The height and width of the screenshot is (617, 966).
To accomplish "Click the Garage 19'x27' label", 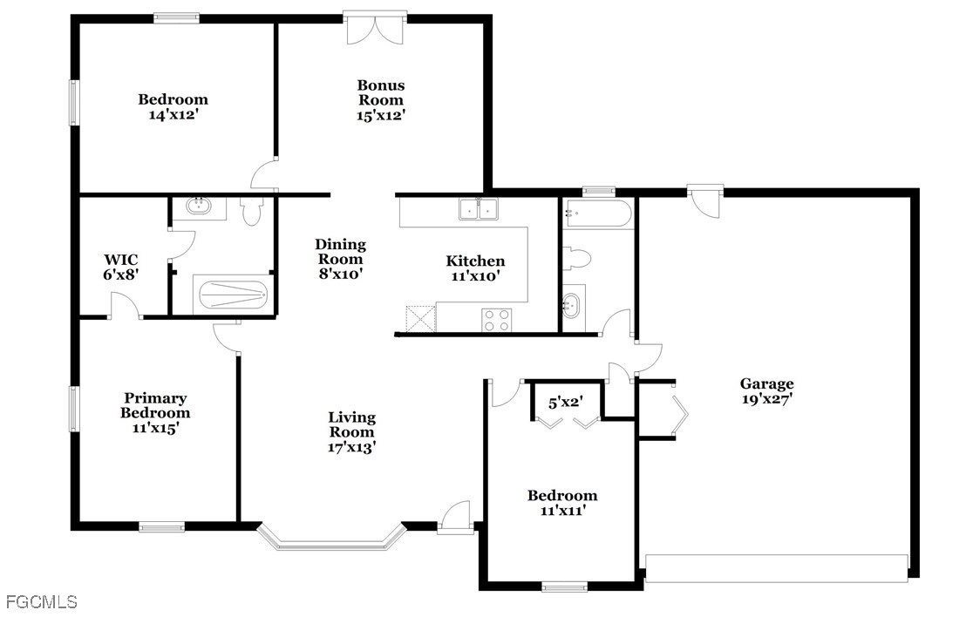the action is click(x=766, y=391).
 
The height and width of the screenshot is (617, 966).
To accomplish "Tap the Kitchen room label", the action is click(x=475, y=268).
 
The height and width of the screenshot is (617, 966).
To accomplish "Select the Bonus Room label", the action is click(x=381, y=99).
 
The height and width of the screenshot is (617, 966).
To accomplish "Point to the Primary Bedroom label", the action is click(x=155, y=412).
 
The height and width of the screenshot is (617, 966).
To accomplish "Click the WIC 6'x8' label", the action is click(x=120, y=267).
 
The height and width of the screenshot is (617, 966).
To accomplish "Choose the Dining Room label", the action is click(x=340, y=259).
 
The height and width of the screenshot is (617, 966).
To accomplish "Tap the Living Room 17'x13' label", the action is click(x=351, y=432).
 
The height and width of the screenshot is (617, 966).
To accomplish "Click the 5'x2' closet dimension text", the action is click(x=566, y=403).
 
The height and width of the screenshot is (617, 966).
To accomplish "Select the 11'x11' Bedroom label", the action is click(x=561, y=503).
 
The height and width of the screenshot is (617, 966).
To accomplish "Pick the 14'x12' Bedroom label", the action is click(x=173, y=106).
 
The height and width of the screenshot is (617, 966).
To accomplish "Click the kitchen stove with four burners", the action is click(x=497, y=320).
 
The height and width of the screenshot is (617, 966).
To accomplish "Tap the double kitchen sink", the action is click(x=478, y=209).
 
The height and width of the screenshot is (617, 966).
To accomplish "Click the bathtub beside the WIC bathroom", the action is click(x=232, y=295).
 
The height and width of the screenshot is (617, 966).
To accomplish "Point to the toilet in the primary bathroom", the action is click(x=251, y=211).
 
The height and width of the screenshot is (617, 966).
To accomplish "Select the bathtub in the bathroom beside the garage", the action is click(x=597, y=214).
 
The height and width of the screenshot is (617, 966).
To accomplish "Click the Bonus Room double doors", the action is click(x=375, y=29).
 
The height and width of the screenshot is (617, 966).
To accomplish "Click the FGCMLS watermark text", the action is click(x=41, y=601).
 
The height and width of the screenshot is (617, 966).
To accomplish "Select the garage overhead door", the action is click(x=776, y=567).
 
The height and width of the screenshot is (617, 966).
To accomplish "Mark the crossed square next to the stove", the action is click(x=420, y=319).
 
